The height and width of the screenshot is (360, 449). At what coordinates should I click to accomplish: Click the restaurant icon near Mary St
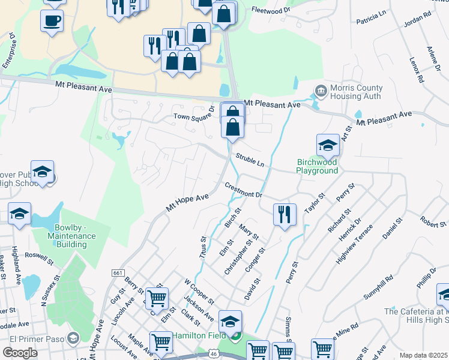click(x=285, y=214)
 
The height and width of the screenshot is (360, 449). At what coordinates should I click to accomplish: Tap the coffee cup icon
click(x=52, y=21)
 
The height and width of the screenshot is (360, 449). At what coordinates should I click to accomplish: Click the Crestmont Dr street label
click(x=244, y=190)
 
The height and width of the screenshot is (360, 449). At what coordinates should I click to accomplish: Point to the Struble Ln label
click(x=250, y=160)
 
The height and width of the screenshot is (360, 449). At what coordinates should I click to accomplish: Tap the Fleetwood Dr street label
click(x=271, y=10)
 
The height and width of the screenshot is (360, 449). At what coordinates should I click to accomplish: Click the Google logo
click(x=20, y=353)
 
